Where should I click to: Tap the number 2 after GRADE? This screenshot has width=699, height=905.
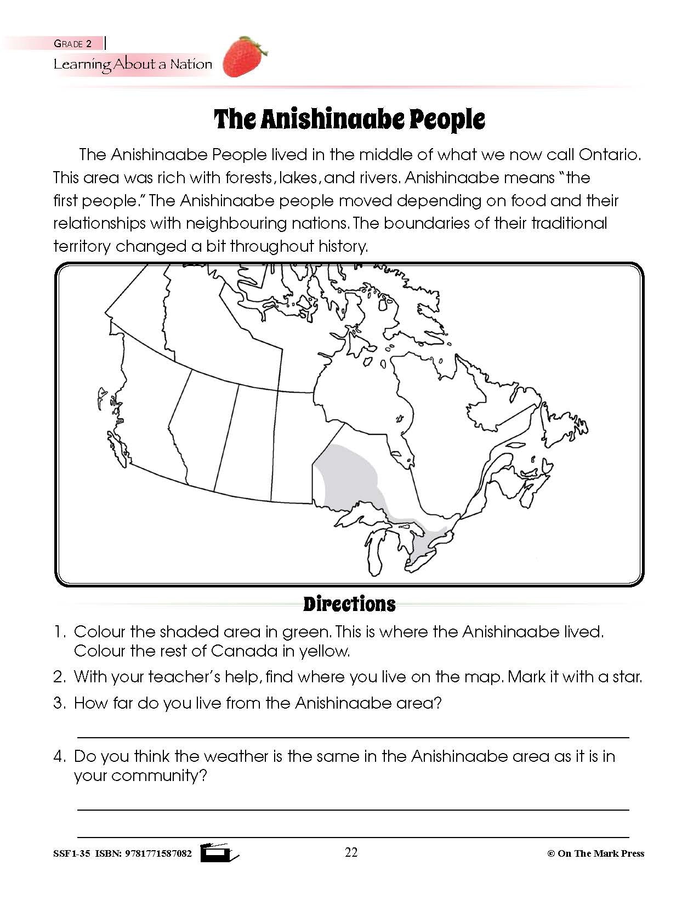tap(89, 44)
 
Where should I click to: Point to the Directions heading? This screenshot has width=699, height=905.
tap(349, 604)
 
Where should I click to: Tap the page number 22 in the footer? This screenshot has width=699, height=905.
tap(351, 852)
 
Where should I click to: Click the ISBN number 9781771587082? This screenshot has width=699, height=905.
tap(159, 853)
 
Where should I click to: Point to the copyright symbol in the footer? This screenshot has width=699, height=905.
tap(551, 853)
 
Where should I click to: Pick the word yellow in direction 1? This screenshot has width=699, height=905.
tap(324, 651)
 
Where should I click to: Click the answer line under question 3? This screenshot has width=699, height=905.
tap(353, 737)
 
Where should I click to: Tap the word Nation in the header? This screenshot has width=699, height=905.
tap(191, 64)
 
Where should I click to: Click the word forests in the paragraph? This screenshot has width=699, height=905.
tap(246, 178)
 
